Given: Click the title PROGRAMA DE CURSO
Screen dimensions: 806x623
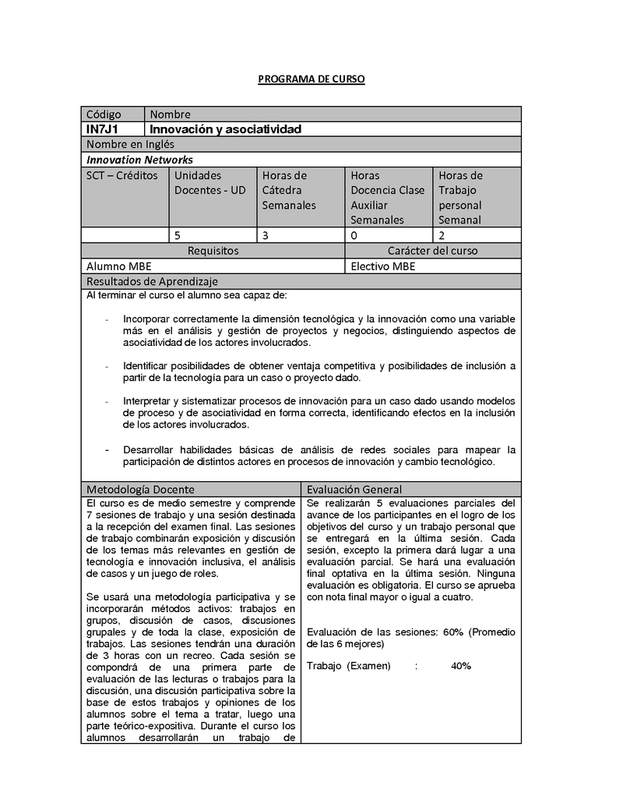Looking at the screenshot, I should point(311,79).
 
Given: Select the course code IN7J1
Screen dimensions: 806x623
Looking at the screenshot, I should point(102,128).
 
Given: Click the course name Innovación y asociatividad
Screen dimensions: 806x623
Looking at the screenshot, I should point(225,128).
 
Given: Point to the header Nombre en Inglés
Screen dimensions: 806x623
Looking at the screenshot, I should point(130,144).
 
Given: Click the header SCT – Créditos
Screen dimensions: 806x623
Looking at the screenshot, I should point(121,175).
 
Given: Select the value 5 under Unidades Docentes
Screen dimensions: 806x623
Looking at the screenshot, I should point(178,234).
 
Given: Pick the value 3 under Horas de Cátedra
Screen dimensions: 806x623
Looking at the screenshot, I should point(266,234).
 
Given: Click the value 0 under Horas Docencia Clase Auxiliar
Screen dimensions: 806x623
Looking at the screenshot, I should point(354,234).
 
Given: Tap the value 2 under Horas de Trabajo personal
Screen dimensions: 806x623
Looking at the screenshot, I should point(442,234).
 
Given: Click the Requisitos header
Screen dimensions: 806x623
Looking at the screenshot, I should point(213,251).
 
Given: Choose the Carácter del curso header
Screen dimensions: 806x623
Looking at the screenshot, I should point(432,251).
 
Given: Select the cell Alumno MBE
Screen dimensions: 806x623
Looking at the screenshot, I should point(119,266).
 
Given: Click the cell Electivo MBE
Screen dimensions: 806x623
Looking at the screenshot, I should point(383,266).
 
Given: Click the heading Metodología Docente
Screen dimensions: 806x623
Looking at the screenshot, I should point(140,489).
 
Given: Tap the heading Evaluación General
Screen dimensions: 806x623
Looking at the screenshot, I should point(354,489).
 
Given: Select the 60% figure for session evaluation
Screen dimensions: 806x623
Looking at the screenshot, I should point(453,632).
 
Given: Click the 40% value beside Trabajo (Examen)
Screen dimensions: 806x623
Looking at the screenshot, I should point(460,666).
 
